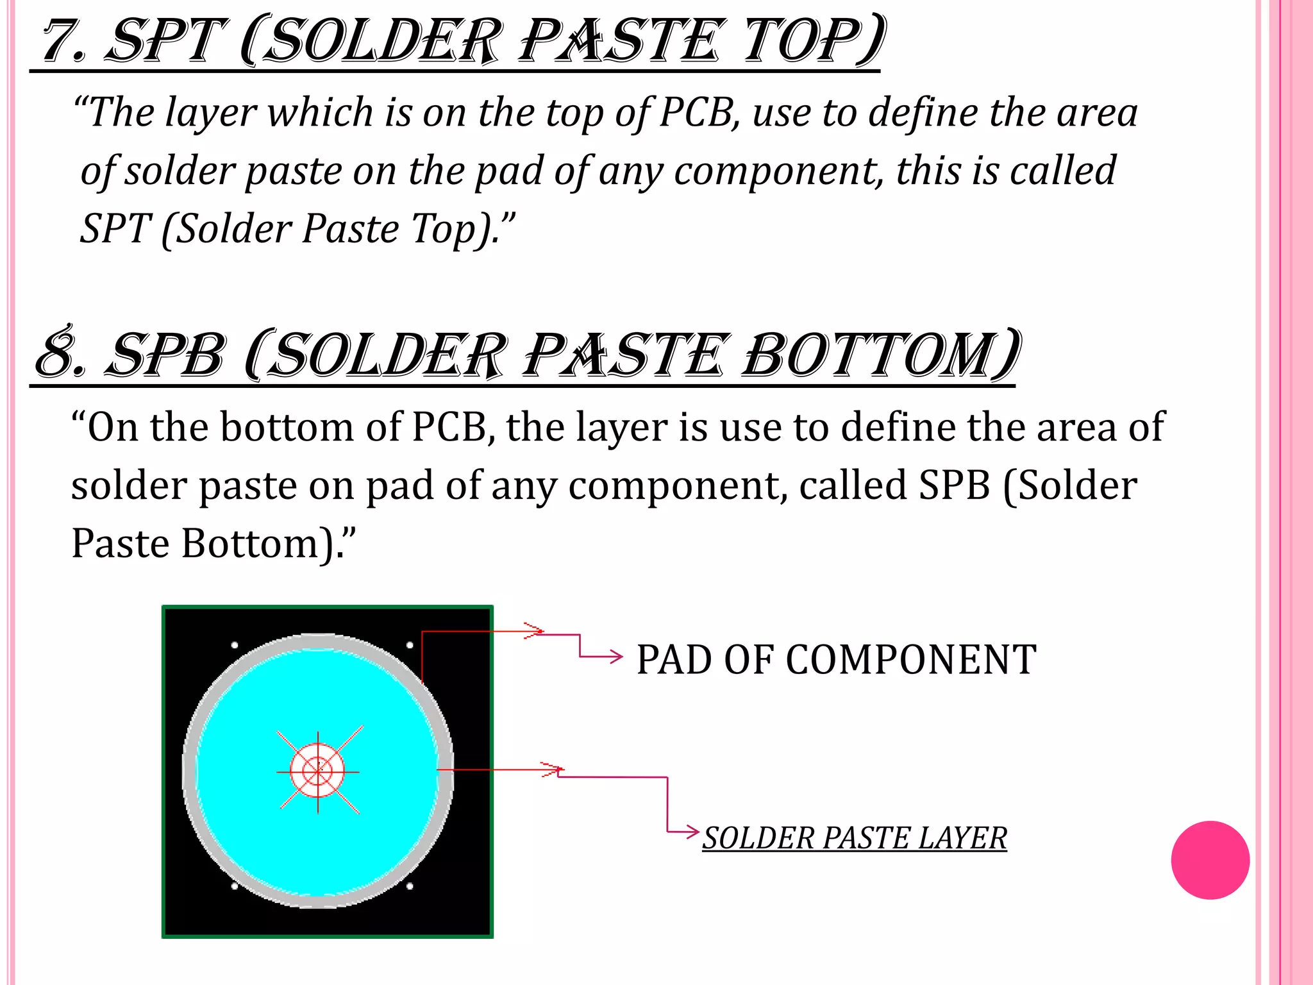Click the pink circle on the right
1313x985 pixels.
coord(1210,860)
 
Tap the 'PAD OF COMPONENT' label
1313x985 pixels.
coord(836,660)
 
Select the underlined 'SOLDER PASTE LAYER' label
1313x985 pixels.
coord(855,838)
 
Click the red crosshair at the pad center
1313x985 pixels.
coord(318,771)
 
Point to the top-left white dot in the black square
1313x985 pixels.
coord(235,644)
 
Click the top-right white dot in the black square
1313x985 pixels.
coord(410,644)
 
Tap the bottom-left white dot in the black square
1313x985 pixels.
coord(235,886)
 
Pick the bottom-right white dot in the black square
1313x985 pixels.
coord(410,886)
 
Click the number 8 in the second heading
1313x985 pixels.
coord(60,355)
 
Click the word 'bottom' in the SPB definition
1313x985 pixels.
coord(287,427)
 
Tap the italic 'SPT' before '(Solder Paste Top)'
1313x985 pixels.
coord(115,229)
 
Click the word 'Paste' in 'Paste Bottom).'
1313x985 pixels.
coord(120,544)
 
